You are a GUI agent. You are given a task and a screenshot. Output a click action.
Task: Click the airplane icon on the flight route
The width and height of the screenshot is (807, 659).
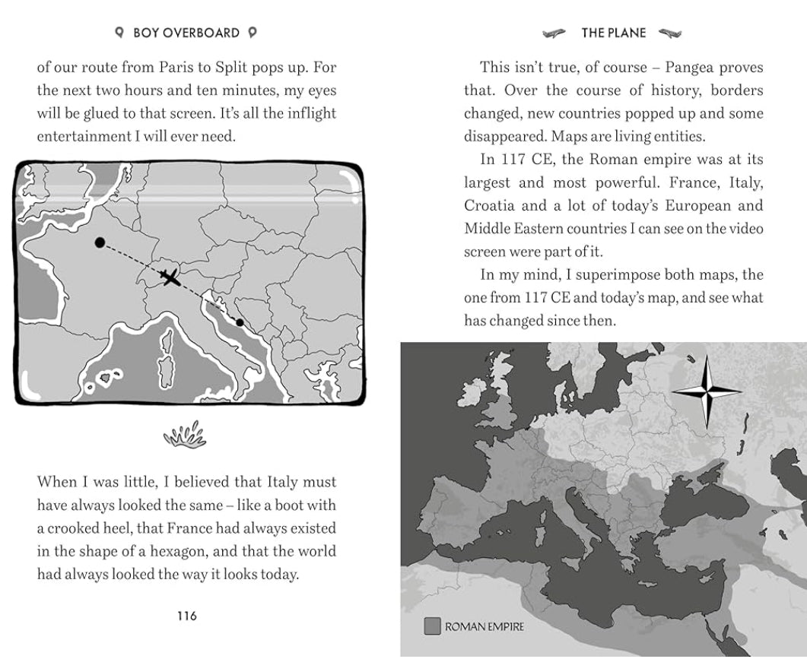(170, 277)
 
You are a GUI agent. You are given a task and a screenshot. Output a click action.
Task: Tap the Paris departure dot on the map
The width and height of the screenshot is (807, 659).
(100, 242)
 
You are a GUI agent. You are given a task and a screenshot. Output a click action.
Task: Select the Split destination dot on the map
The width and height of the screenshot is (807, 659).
(240, 322)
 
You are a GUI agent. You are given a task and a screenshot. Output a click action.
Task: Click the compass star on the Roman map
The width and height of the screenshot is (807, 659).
(707, 392)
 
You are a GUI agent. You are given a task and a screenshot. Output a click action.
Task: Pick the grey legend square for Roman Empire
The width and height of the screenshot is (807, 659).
(432, 626)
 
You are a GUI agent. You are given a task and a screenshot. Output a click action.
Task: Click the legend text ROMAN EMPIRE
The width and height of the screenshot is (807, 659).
(485, 627)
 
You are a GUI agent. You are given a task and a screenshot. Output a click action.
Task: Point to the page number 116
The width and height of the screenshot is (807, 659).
(186, 616)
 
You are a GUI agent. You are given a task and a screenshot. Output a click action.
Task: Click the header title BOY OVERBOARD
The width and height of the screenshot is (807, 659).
(186, 33)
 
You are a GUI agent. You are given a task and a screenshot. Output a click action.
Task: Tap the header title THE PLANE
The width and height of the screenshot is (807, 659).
(613, 33)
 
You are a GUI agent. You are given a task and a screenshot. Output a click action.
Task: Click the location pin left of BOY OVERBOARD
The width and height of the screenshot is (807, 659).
(119, 33)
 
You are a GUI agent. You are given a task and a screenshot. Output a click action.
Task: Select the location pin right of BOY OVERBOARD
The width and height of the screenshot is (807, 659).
(253, 33)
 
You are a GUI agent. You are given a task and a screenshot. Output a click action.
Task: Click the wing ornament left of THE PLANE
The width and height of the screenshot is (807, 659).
(554, 33)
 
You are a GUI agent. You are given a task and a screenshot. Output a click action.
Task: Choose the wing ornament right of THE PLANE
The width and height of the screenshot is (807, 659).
(670, 33)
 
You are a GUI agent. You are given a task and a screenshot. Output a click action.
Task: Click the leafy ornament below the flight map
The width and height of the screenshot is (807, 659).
(185, 436)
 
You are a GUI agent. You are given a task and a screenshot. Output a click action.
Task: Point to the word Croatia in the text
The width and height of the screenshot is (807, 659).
(491, 206)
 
